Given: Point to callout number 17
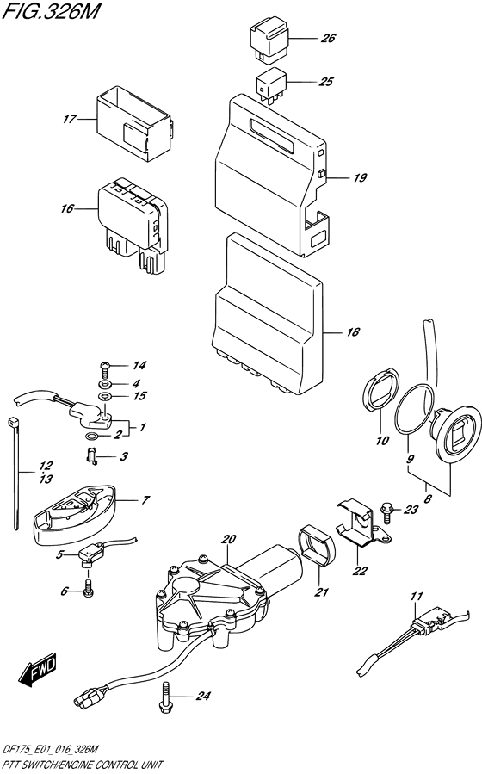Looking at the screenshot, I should point(70,120).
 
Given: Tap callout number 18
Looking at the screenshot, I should point(352,331).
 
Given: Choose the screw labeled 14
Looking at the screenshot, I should point(105,367).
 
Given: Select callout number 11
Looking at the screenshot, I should point(417,596).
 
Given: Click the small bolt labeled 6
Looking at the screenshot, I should point(88,590).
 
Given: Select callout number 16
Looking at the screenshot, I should point(70,208).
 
